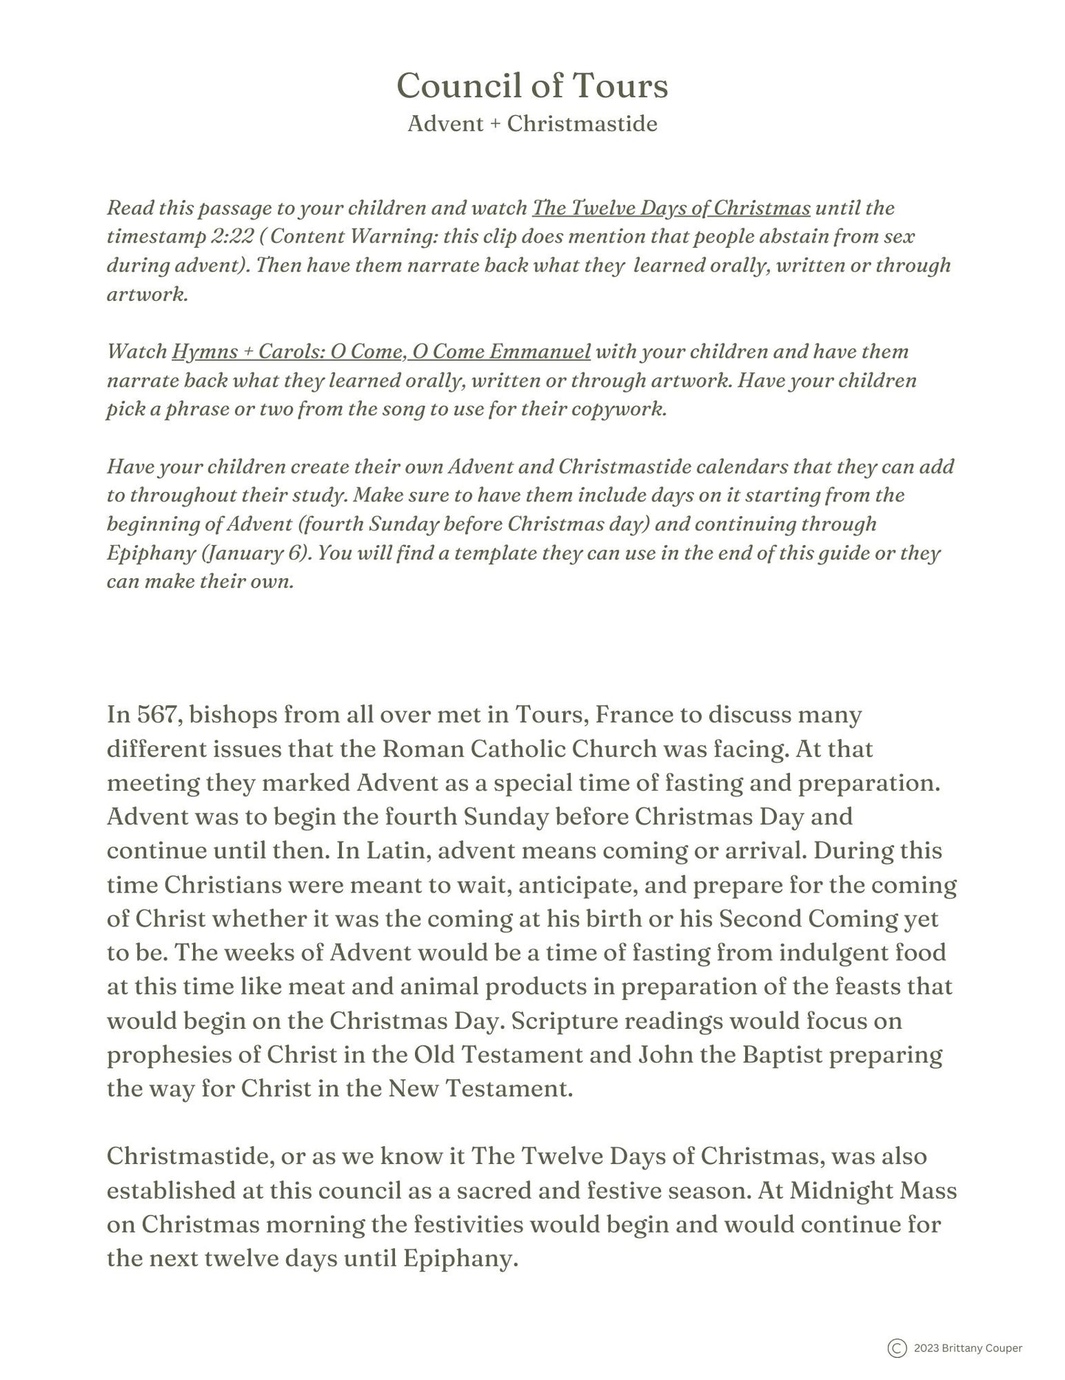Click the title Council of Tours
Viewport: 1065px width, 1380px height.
(532, 86)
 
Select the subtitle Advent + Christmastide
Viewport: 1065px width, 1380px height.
(532, 123)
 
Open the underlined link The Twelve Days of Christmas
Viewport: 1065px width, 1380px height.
(671, 208)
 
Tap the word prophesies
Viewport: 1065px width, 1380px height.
(167, 1055)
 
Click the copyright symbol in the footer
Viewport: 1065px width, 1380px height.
(897, 1348)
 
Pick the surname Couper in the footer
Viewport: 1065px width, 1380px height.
(1001, 1348)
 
